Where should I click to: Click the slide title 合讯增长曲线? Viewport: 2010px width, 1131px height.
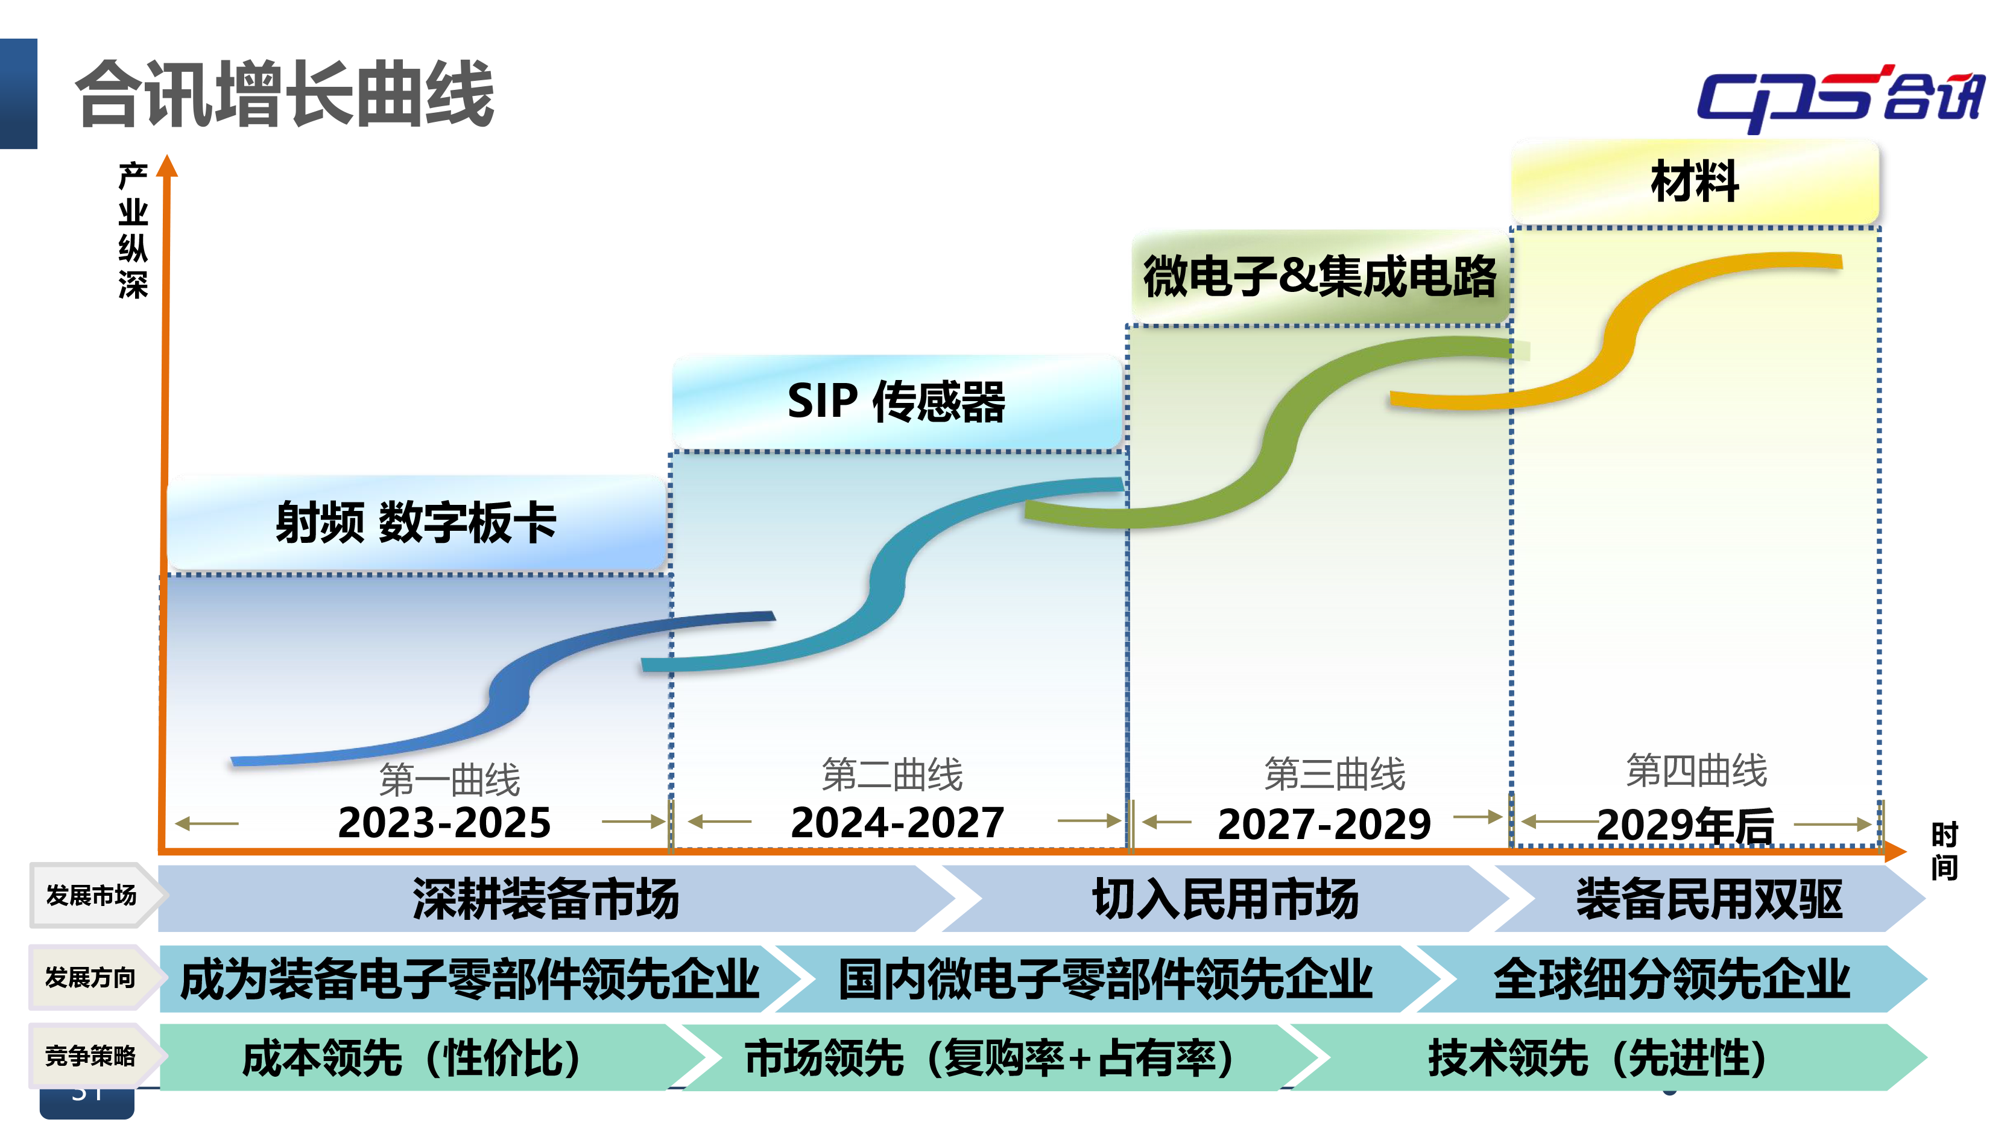285,93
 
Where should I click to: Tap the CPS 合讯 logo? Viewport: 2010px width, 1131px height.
1840,98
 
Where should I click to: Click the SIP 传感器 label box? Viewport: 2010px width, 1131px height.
897,401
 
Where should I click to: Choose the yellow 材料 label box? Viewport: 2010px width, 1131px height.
1695,181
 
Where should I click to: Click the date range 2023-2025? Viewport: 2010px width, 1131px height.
444,822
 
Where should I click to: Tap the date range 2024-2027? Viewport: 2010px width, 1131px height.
897,822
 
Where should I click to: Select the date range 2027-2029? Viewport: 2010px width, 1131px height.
1324,823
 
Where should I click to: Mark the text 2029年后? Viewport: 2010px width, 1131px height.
1686,825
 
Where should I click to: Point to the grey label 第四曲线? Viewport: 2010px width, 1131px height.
1696,770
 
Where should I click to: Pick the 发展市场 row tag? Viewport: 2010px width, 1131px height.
91,895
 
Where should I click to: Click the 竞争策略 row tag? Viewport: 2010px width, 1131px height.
90,1056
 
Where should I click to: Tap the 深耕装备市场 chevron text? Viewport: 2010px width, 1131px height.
546,898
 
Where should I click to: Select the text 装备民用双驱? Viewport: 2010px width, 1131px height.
1709,898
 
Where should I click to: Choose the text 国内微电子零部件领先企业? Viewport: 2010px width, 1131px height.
1105,979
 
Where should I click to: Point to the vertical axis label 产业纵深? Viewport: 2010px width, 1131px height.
133,230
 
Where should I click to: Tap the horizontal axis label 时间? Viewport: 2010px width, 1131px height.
1944,851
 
